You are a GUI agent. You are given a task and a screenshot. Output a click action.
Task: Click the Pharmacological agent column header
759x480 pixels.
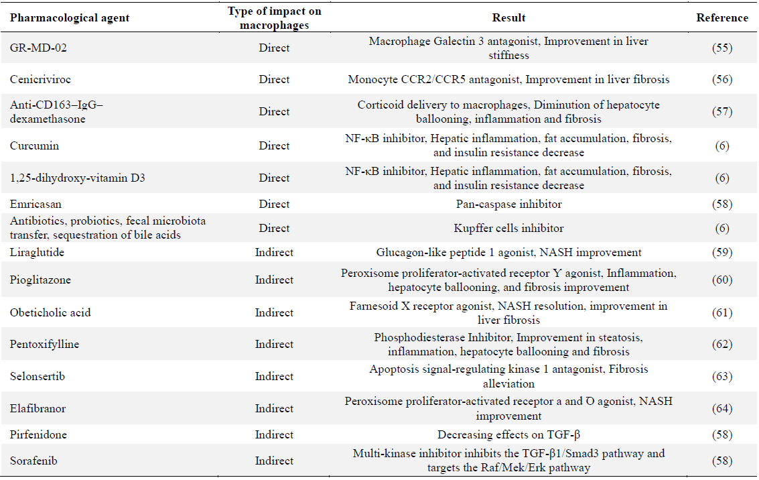point(70,18)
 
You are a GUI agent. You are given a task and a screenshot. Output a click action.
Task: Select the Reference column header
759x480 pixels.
point(721,18)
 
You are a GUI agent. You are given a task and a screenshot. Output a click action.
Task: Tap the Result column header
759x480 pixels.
point(508,18)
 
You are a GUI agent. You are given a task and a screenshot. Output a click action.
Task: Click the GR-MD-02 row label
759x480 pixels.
point(38,48)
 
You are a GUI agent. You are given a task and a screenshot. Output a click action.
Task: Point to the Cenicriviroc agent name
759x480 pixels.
point(40,79)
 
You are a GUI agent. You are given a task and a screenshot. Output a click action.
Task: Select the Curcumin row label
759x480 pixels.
point(34,145)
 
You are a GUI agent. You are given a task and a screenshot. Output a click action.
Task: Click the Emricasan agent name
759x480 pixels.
point(36,204)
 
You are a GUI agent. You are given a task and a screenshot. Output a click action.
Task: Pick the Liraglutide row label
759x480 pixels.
point(37,252)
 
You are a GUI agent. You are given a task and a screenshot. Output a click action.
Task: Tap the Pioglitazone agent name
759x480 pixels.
point(40,280)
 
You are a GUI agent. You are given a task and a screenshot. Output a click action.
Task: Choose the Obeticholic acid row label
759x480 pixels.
point(50,312)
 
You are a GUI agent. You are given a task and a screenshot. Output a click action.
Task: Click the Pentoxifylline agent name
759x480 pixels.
point(44,345)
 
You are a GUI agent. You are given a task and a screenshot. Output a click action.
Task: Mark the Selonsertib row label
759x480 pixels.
point(38,376)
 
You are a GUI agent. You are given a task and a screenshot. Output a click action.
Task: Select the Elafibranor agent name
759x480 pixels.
point(38,408)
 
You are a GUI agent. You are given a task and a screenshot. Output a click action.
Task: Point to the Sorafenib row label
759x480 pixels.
point(33,461)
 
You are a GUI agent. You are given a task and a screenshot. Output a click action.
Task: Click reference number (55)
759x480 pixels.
point(721,48)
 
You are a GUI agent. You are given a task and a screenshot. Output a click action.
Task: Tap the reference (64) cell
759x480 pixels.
point(721,408)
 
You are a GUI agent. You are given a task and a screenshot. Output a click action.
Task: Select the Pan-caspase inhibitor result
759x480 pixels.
point(508,204)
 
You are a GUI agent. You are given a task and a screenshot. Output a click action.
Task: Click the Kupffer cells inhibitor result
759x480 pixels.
point(508,228)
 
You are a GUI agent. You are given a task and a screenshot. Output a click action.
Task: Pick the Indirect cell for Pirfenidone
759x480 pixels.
point(274,434)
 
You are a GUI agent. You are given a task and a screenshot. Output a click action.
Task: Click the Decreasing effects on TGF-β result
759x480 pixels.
point(508,434)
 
